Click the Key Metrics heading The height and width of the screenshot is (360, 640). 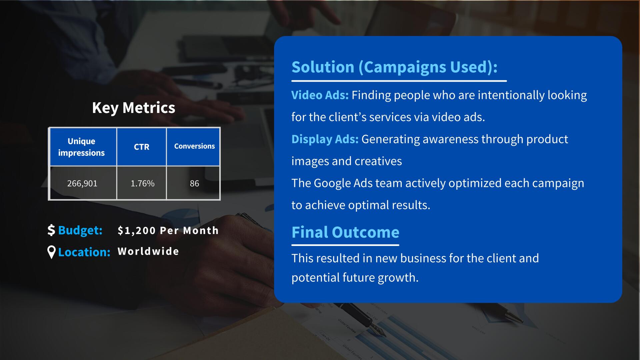[134, 108]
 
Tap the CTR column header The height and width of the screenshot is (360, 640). [142, 147]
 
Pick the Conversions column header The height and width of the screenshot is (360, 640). [193, 147]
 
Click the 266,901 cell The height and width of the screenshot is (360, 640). [82, 183]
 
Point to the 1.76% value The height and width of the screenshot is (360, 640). [142, 183]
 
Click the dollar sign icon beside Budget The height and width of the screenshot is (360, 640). [51, 230]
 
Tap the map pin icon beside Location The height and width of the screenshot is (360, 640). [51, 252]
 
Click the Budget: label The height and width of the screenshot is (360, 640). [80, 230]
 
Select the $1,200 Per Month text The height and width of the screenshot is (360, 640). [168, 230]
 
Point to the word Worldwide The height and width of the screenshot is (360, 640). [148, 251]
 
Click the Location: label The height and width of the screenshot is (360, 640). [84, 252]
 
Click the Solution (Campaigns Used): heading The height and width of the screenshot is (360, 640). [394, 67]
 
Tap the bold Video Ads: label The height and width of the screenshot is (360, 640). [320, 95]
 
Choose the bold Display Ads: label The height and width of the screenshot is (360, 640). [325, 139]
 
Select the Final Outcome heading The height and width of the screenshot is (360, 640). [345, 232]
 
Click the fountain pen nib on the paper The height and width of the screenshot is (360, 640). [378, 330]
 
